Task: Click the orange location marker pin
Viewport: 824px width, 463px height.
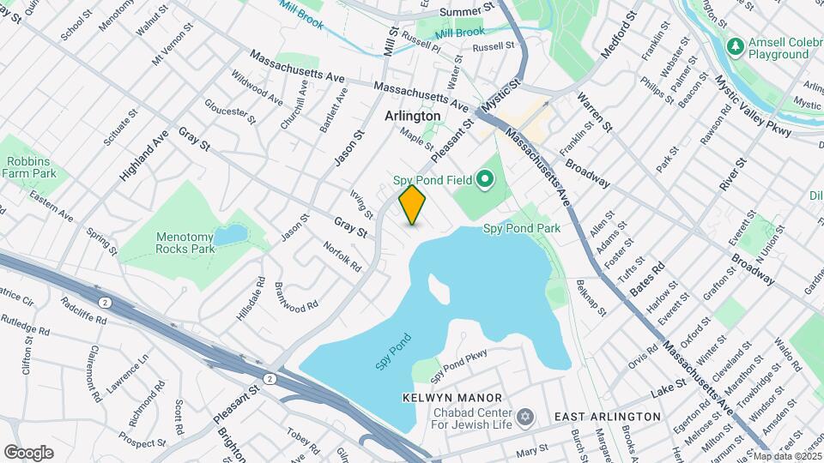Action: tap(412, 205)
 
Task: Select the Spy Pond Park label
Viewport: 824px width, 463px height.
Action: tap(521, 228)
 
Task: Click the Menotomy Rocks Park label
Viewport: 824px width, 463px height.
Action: tap(185, 243)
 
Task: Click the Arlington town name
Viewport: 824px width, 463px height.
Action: tap(412, 116)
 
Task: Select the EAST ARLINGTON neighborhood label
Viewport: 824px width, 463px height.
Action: tap(607, 417)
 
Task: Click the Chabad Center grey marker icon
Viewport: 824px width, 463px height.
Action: tap(525, 418)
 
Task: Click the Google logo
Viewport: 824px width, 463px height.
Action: tap(28, 452)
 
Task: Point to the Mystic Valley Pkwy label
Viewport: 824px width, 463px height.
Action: tap(745, 129)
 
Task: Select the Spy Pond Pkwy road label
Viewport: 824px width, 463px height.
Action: tap(459, 364)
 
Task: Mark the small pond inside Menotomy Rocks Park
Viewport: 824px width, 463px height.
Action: tap(230, 235)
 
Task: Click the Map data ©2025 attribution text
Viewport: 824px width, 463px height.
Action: tap(785, 455)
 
